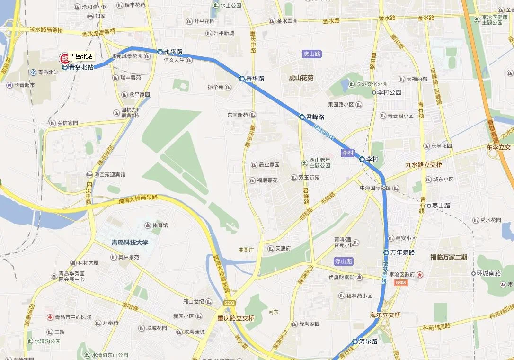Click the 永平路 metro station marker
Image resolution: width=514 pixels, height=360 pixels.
[x=160, y=51]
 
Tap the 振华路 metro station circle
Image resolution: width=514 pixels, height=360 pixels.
[x=242, y=79]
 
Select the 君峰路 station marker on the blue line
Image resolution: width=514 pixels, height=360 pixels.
[x=301, y=117]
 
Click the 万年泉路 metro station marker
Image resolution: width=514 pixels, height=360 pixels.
[x=386, y=252]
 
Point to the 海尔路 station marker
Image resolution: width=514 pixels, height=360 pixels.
[x=355, y=341]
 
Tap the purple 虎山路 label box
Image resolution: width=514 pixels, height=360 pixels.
[x=312, y=54]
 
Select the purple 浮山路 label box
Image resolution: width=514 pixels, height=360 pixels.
[x=344, y=261]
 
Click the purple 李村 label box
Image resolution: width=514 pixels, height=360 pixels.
[x=348, y=153]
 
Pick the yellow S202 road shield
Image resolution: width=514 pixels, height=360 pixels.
[x=229, y=302]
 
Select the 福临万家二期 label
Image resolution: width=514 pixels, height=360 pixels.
[x=449, y=257]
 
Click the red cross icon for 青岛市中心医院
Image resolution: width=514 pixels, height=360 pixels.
[x=49, y=317]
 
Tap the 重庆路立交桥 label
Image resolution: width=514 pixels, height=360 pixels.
[x=236, y=318]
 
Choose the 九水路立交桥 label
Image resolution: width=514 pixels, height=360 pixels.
[x=424, y=165]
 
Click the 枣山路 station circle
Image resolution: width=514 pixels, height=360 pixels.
[x=429, y=206]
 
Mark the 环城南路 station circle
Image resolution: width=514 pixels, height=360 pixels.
[x=473, y=273]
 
